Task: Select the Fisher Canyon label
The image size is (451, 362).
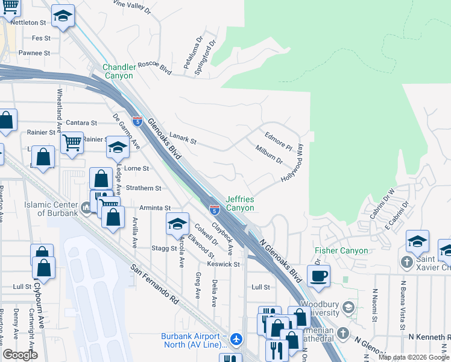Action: coord(341,250)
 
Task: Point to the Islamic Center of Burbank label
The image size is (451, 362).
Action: coord(51,209)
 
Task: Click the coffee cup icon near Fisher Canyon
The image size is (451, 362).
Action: coord(318,276)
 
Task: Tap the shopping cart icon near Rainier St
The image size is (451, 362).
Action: coord(72,144)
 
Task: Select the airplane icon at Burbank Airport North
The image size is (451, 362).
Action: coord(236,340)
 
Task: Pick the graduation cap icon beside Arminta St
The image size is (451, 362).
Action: coord(177,224)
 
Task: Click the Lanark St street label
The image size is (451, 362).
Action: coord(183,141)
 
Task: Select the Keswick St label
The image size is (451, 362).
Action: coord(224,264)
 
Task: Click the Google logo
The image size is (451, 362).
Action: coord(20,355)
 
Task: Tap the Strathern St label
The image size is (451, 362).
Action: coord(143,188)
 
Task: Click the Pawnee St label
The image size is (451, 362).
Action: coord(34,53)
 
